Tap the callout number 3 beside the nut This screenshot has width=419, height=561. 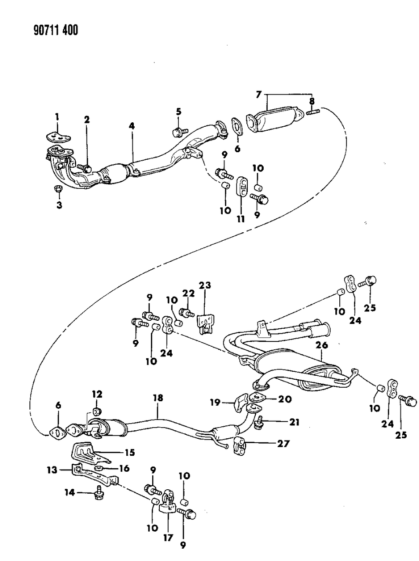click(59, 205)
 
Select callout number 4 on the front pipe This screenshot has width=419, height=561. click(132, 126)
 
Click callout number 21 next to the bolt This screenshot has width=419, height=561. click(294, 422)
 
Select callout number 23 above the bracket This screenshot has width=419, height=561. click(205, 285)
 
